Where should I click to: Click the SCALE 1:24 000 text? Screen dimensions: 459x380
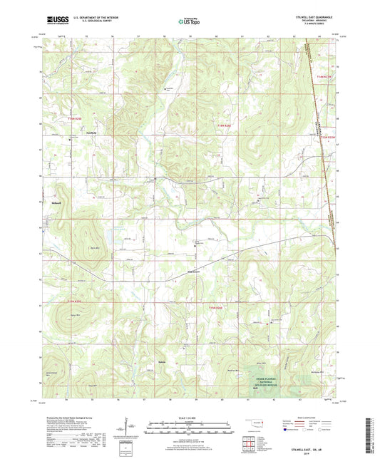190,417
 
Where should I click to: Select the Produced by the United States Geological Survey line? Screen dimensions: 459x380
72,417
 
